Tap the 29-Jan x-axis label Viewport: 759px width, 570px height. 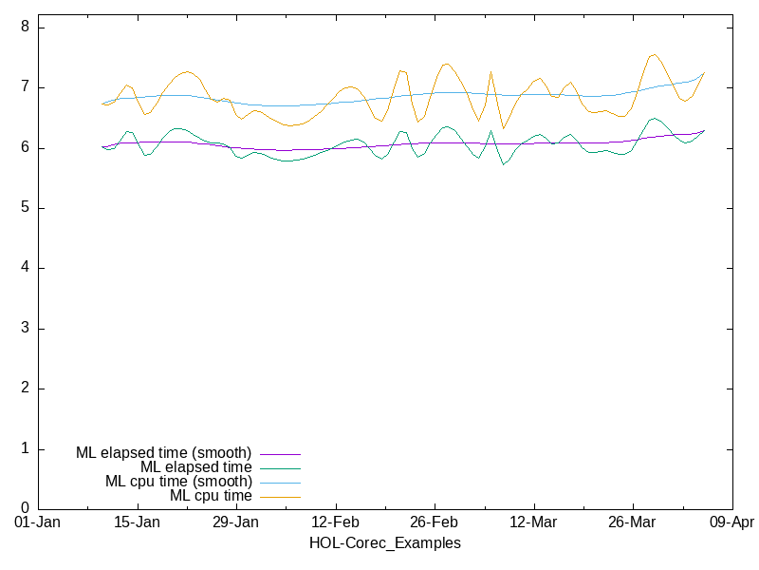[236, 522]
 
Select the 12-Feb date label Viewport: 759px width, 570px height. [335, 522]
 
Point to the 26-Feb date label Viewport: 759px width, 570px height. [435, 522]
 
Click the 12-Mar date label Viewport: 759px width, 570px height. [533, 522]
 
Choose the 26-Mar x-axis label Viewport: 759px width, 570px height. [632, 522]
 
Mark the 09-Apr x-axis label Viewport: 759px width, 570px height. [731, 522]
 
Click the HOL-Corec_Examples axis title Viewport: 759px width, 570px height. [385, 543]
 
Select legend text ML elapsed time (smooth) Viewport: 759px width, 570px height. [163, 453]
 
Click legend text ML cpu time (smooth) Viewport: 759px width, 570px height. [178, 482]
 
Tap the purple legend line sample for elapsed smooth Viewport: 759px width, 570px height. [279, 454]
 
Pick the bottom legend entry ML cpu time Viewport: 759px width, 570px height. [211, 496]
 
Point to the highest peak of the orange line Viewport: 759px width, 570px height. [654, 54]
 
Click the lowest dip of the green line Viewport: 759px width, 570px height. [504, 164]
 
